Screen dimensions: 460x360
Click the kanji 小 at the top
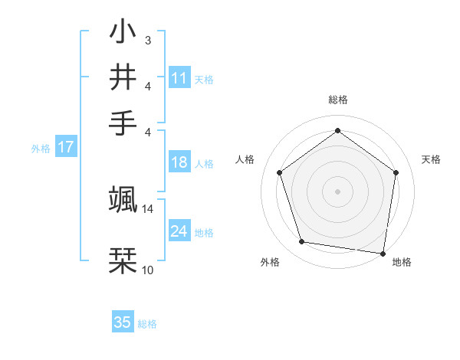tap(123, 33)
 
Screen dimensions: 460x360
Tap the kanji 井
tap(123, 77)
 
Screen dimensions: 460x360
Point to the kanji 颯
tap(123, 198)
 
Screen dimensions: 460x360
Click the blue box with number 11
tap(179, 78)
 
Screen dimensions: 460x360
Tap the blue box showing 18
tap(179, 162)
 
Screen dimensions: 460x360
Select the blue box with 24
tap(179, 231)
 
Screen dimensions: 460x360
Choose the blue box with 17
tap(66, 148)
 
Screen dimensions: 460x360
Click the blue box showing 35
tap(123, 322)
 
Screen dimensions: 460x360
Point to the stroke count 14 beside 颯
tap(148, 208)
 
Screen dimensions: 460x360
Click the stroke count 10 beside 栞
tap(148, 270)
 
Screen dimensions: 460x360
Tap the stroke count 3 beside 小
tap(147, 39)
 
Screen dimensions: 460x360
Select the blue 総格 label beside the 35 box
tap(147, 324)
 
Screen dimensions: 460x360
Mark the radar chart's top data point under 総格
tap(337, 130)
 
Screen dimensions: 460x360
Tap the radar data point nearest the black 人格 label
tap(279, 172)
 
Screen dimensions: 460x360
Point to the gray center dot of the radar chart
tap(337, 191)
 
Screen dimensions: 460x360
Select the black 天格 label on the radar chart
tap(431, 159)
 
